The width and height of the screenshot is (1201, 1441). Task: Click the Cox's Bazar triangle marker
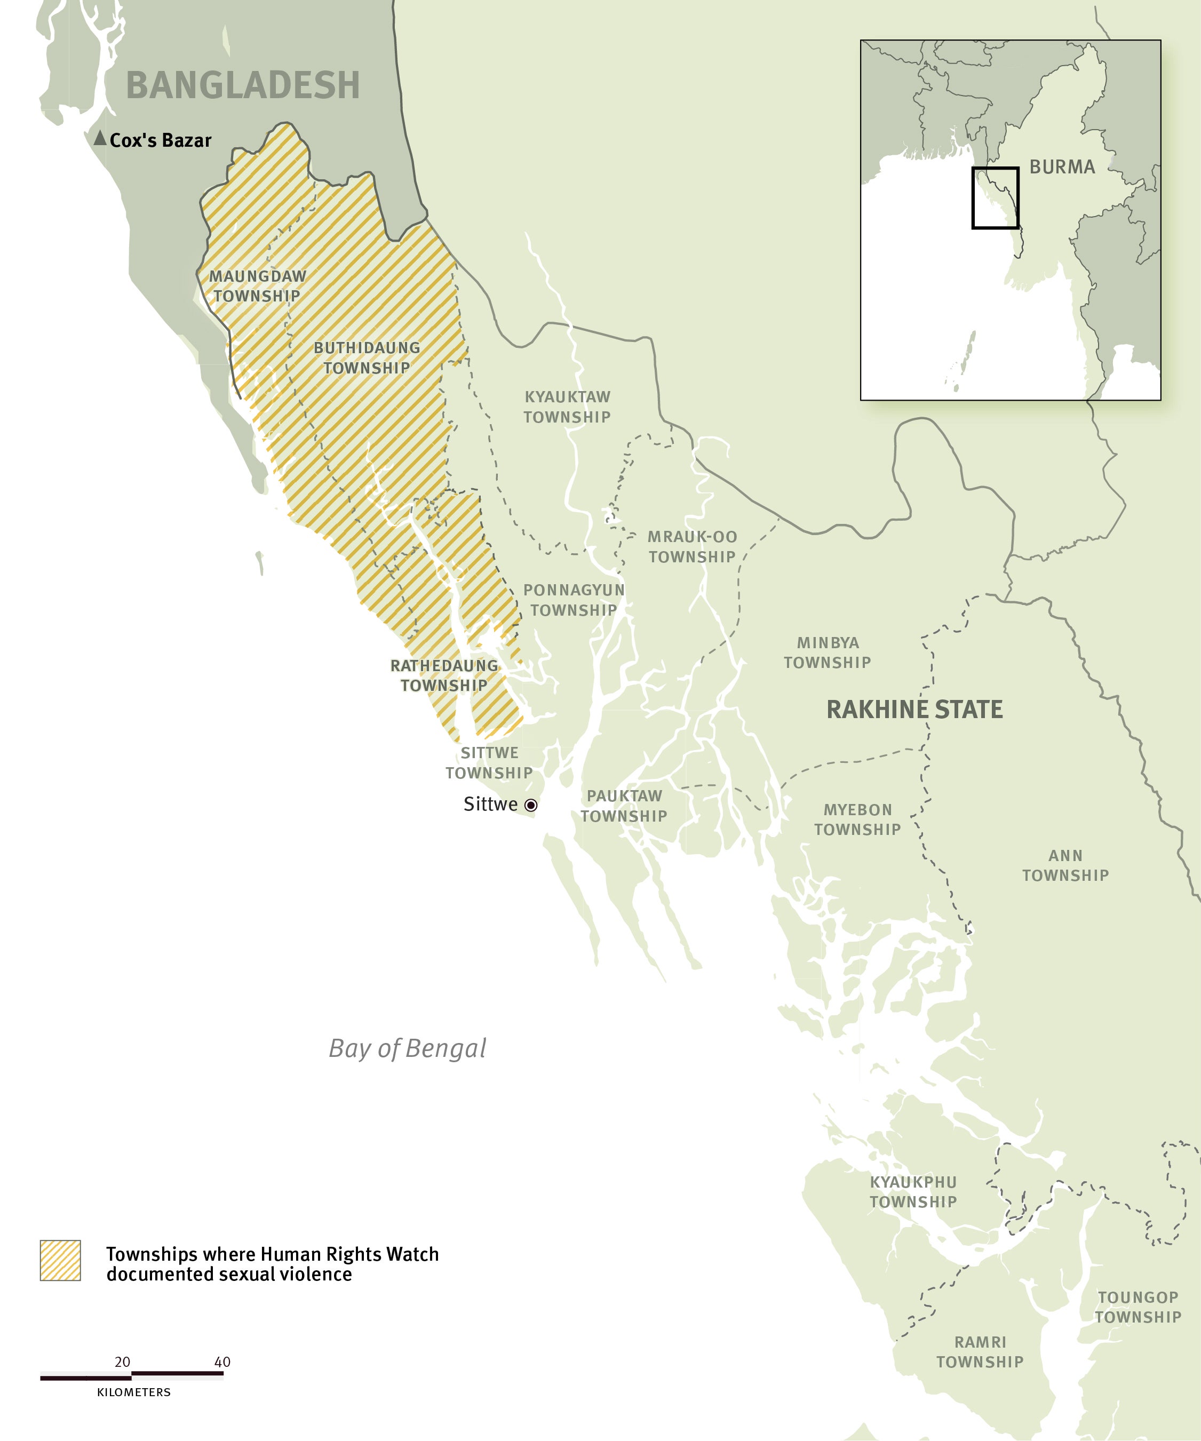click(100, 139)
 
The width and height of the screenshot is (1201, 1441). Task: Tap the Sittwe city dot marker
click(530, 805)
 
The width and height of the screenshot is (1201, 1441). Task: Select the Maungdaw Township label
click(257, 286)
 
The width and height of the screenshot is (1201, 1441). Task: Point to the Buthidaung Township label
click(367, 357)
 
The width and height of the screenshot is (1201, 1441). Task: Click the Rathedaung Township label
click(444, 675)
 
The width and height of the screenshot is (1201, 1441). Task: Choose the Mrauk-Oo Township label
click(692, 547)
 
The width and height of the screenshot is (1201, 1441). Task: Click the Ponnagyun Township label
click(574, 600)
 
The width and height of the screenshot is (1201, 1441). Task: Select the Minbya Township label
click(827, 652)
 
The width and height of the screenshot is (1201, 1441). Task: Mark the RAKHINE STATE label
click(914, 710)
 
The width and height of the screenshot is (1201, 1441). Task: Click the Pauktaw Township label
click(624, 806)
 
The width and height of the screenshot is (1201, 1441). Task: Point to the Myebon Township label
click(857, 819)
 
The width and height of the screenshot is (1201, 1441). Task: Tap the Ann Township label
click(1065, 865)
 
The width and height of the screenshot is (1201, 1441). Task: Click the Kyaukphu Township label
click(913, 1192)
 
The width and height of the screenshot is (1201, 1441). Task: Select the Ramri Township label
click(980, 1352)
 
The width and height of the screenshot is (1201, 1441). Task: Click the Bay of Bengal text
click(407, 1048)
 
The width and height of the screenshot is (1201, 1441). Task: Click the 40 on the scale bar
click(222, 1362)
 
